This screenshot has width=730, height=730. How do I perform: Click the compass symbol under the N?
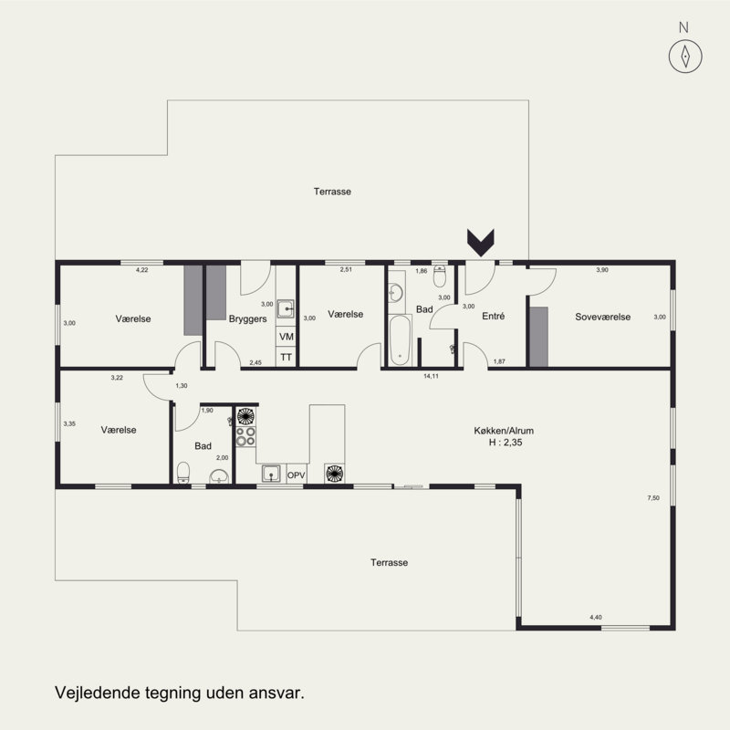[x=685, y=57]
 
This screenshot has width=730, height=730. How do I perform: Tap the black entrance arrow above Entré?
[x=481, y=243]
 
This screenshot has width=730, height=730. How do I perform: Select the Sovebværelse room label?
[x=602, y=317]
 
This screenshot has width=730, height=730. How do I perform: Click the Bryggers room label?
[x=247, y=318]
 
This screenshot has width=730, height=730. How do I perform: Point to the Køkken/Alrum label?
[x=504, y=431]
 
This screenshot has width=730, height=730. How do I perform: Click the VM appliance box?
[x=287, y=336]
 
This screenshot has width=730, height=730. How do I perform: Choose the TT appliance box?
[x=286, y=357]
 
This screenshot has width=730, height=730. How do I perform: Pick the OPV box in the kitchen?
[x=296, y=474]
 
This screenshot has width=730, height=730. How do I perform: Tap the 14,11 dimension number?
[x=431, y=376]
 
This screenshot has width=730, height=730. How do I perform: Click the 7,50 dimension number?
[x=653, y=497]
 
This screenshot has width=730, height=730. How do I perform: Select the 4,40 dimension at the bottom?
[x=596, y=618]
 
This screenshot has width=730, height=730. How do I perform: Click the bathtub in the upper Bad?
[x=400, y=340]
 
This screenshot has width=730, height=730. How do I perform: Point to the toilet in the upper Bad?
[x=440, y=276]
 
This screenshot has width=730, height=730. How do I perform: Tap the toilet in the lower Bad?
[x=183, y=473]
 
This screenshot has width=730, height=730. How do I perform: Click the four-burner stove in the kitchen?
[x=245, y=437]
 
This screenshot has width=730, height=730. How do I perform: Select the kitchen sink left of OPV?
[x=270, y=474]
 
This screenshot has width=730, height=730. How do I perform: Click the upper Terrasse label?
[x=332, y=192]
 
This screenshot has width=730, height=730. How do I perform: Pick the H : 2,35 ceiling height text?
[x=506, y=443]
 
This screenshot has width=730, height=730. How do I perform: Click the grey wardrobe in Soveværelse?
[x=538, y=337]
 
